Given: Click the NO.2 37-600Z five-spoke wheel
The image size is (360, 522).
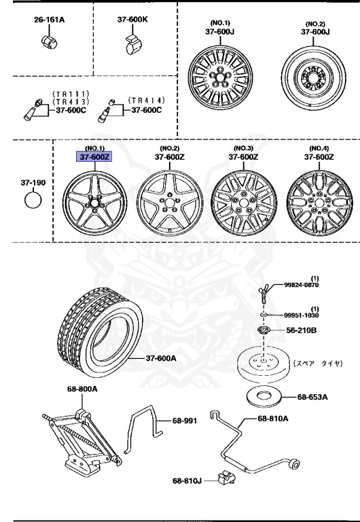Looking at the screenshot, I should point(167,203).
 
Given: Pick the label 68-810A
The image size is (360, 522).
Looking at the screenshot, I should point(272,418).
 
